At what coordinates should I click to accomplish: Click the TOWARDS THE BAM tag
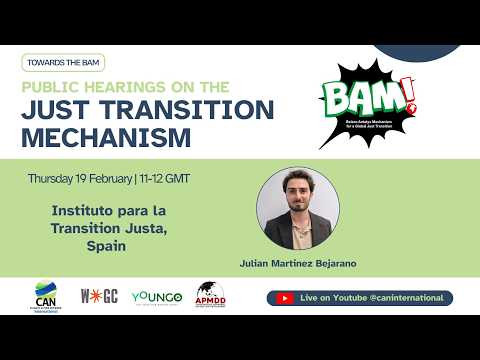pyautogui.click(x=61, y=62)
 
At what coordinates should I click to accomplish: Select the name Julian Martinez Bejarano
pyautogui.click(x=297, y=265)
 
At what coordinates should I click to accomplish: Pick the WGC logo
pyautogui.click(x=99, y=297)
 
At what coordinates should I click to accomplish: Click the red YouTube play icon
pyautogui.click(x=285, y=298)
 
